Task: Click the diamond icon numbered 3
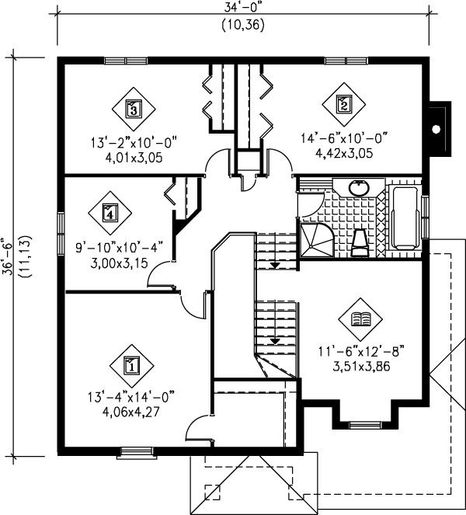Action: pyautogui.click(x=133, y=109)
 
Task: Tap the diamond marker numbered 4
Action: pyautogui.click(x=110, y=211)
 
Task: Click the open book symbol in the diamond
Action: pyautogui.click(x=360, y=318)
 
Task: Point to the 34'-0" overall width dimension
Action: pyautogui.click(x=242, y=8)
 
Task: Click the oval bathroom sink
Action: pyautogui.click(x=359, y=187)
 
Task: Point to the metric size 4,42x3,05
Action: pyautogui.click(x=343, y=153)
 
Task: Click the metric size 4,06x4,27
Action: pyautogui.click(x=130, y=412)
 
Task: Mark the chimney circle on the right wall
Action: pyautogui.click(x=438, y=129)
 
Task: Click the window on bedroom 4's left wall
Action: pyautogui.click(x=61, y=232)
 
